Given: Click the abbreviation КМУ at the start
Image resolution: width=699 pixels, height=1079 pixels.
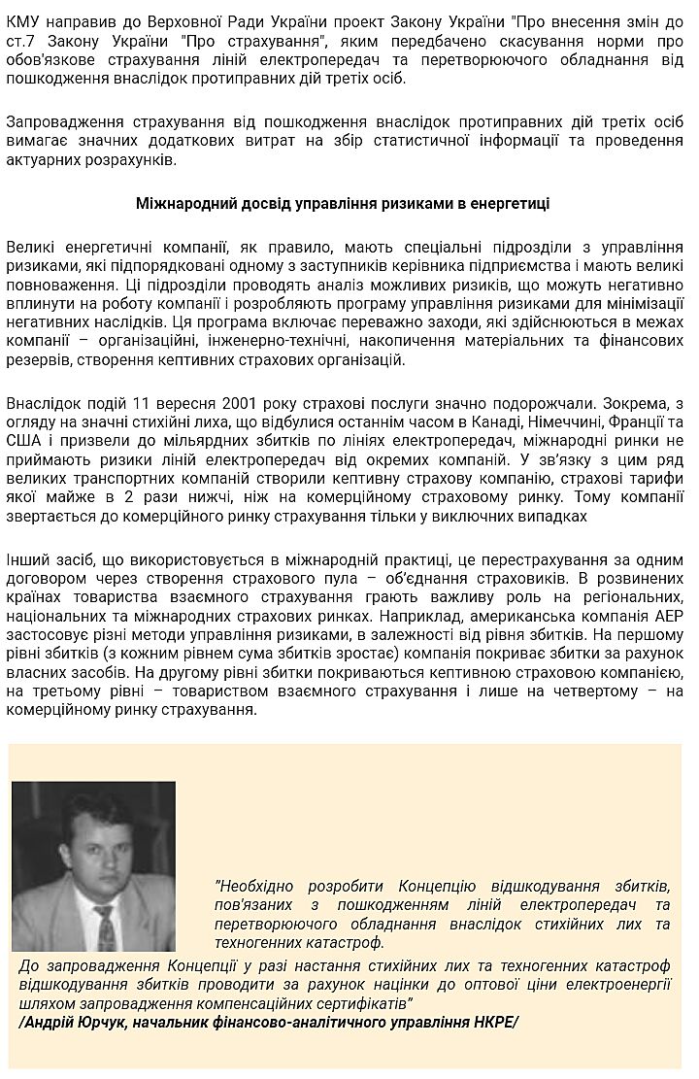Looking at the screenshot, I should (x=23, y=19).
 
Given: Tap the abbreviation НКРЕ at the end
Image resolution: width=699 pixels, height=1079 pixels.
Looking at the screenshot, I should (x=493, y=1022).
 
